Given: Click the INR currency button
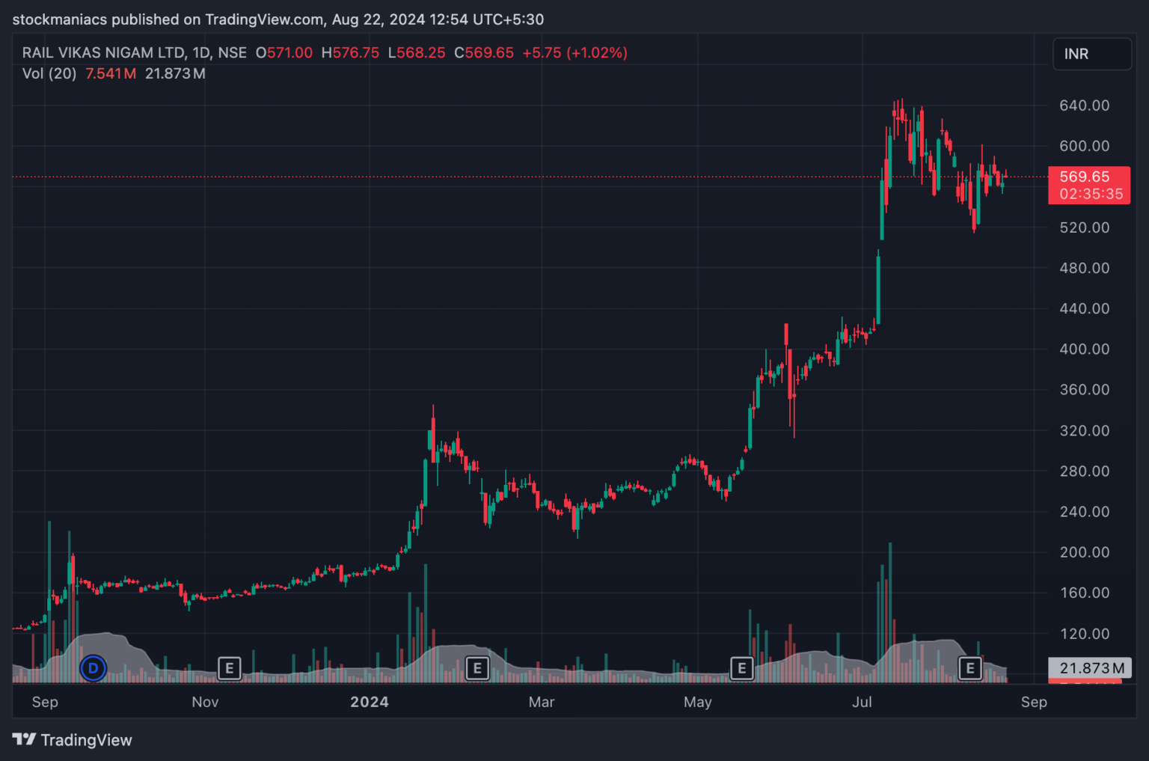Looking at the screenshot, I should click(1091, 54).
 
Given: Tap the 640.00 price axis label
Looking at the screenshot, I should click(1084, 106).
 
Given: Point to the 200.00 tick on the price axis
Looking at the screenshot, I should click(1084, 552).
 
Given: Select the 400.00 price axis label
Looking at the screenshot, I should click(1084, 349).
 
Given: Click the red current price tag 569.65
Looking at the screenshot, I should click(1089, 185).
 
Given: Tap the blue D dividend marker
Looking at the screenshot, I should click(94, 667).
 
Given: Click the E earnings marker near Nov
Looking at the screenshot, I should click(229, 667).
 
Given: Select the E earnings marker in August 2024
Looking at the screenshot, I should click(970, 667).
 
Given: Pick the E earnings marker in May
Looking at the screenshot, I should click(741, 667).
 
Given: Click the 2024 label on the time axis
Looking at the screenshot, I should click(370, 702).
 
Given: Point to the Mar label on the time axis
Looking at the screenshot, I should click(542, 702).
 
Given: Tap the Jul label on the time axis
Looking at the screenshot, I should click(862, 702).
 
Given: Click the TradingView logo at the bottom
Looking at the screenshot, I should click(73, 740).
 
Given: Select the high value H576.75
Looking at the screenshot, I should click(350, 53).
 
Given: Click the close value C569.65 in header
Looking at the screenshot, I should click(484, 53).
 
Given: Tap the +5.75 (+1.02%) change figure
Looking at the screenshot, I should click(574, 53).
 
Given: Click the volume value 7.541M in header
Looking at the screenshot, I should click(111, 73).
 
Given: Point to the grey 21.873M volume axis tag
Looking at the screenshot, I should click(1091, 667).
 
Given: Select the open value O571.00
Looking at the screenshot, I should click(284, 53).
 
